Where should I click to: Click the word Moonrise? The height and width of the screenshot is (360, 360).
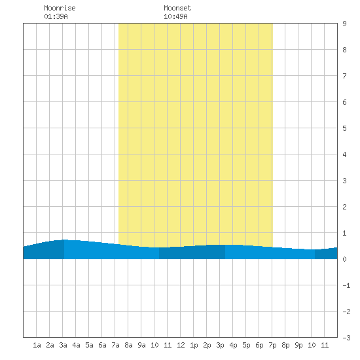point(60,8)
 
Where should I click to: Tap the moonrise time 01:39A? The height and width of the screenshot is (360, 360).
point(56,16)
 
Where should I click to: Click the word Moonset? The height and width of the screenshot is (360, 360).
point(177,8)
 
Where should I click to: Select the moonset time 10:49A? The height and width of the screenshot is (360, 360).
point(175,16)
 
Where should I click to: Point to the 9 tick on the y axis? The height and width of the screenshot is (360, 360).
point(344,24)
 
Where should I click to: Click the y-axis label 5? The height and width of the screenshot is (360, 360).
point(344,128)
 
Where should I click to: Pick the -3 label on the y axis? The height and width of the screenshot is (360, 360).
point(346,338)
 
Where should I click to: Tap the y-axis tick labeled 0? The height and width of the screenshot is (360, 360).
point(344,259)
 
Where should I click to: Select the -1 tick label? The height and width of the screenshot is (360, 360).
point(346,285)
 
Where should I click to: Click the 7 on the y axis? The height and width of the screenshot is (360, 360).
point(344,76)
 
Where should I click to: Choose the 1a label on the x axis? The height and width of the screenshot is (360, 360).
point(37,345)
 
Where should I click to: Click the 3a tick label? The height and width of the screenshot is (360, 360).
point(63,345)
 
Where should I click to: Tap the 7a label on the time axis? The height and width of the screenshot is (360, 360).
point(115,345)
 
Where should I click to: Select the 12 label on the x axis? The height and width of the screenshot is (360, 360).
point(181,345)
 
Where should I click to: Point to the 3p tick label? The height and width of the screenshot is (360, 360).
point(220,345)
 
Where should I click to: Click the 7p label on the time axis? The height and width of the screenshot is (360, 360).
point(272,345)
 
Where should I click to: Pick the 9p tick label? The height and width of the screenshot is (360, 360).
point(298,345)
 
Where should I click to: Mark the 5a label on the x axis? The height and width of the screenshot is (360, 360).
point(89,345)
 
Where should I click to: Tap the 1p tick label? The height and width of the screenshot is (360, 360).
point(194,345)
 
